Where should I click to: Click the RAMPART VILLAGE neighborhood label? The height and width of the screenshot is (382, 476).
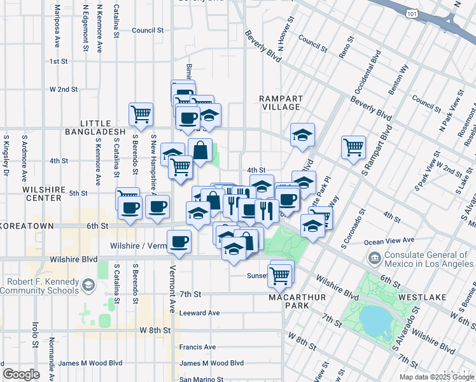pyautogui.click(x=281, y=103)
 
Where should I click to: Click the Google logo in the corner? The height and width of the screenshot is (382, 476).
pyautogui.click(x=22, y=374)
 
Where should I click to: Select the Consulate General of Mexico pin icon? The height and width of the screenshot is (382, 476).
pyautogui.click(x=373, y=258)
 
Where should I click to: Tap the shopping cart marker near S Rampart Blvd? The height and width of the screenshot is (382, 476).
pyautogui.click(x=353, y=148)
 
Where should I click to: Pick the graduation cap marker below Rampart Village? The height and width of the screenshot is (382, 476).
pyautogui.click(x=303, y=134)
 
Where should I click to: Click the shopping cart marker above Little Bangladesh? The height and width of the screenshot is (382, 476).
pyautogui.click(x=141, y=115)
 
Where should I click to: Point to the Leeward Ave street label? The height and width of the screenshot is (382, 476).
pyautogui.click(x=199, y=313)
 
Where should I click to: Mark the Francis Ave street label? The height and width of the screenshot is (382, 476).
pyautogui.click(x=197, y=347)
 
